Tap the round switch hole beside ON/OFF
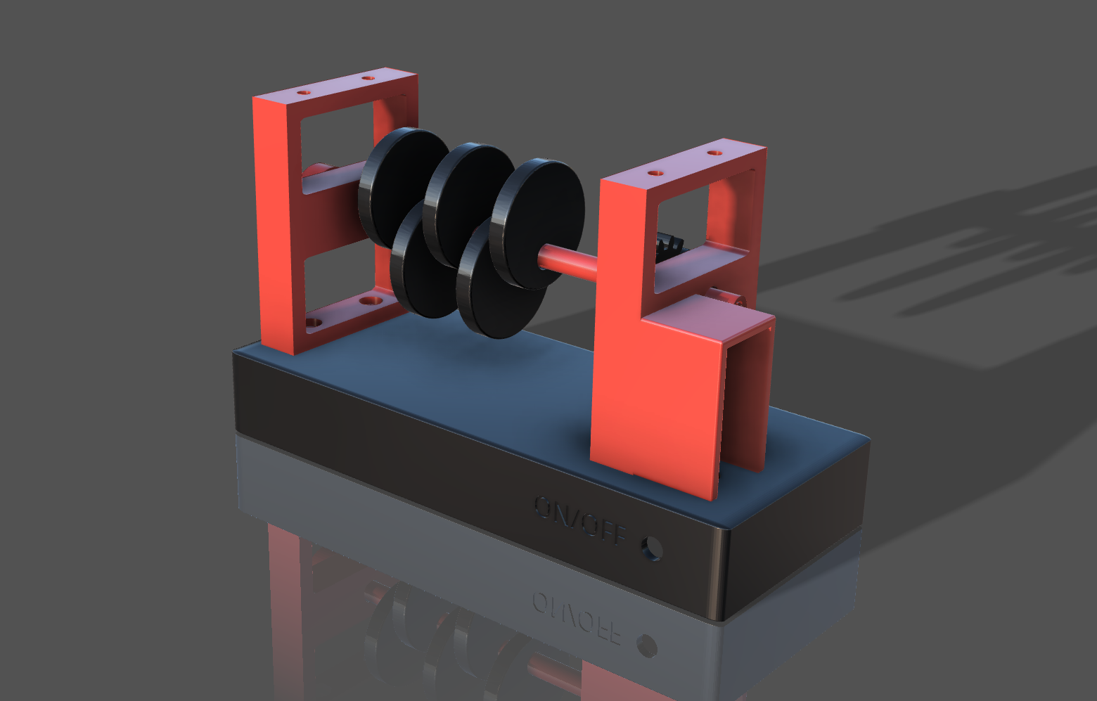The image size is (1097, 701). [x=652, y=548]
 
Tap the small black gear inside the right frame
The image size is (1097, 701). [x=669, y=246]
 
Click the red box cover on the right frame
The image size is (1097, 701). [x=675, y=394]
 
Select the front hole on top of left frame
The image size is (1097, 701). [x=303, y=92]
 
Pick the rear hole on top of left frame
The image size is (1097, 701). [x=368, y=77]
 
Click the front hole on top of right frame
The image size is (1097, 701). [x=655, y=172]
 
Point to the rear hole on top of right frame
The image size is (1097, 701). [x=714, y=153]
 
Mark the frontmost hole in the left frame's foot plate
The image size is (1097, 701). [x=314, y=323]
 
